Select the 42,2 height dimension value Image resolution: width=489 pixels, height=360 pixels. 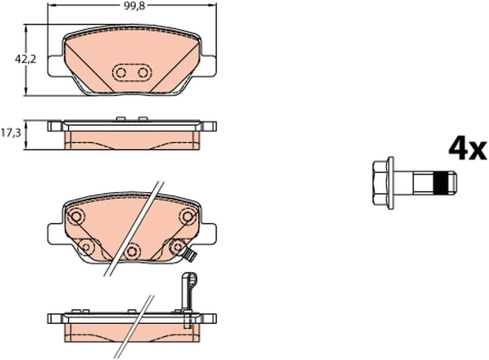pos(26,59)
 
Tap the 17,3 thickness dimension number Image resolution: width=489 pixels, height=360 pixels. pos(11,133)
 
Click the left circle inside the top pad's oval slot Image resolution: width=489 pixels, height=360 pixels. pos(120,73)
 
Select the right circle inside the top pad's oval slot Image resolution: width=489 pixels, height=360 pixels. pos(143,73)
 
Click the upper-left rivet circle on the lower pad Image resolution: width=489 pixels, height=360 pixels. pos(75,216)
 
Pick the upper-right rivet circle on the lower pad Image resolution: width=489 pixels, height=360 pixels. pos(187,216)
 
